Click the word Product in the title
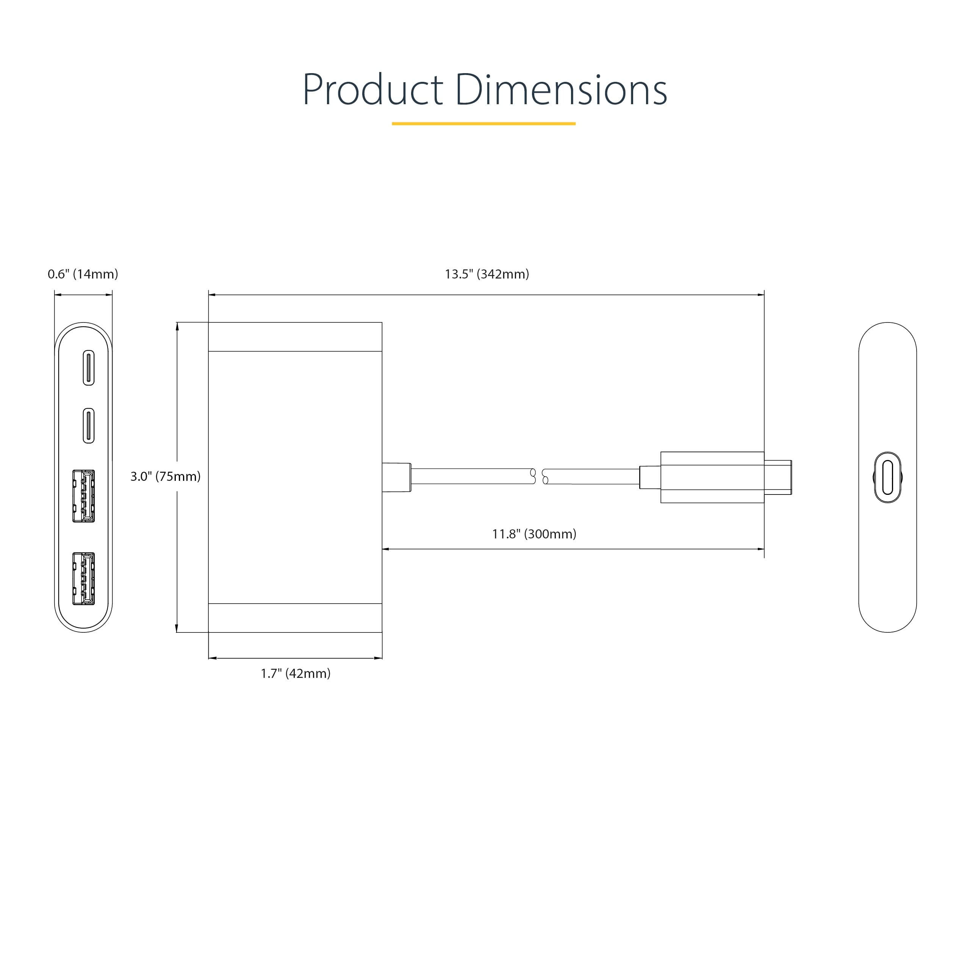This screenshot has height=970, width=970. (372, 91)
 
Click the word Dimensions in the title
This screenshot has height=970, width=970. (561, 91)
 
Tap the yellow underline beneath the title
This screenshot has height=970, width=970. (483, 124)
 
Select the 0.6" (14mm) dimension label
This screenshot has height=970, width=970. (83, 274)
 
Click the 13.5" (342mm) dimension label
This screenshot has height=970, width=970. (487, 274)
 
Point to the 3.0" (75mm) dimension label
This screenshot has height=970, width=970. (165, 476)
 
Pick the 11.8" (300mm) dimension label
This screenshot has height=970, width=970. (534, 534)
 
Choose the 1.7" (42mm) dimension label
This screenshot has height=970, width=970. (295, 674)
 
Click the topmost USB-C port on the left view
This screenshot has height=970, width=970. (88, 368)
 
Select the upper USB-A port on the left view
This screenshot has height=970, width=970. (83, 496)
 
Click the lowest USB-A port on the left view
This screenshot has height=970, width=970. (83, 579)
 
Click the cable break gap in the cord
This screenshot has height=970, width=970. (539, 476)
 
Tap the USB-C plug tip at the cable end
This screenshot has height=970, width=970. (778, 477)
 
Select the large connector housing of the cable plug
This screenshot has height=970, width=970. (712, 477)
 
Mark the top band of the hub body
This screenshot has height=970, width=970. (295, 337)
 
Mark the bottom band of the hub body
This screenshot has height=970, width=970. (295, 618)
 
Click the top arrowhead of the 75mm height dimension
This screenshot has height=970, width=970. (177, 326)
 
